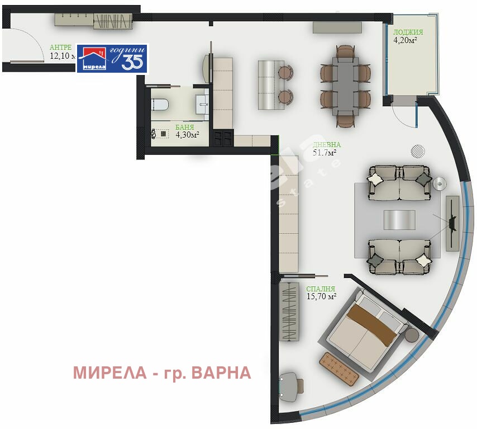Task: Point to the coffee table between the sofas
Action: pos(399,219)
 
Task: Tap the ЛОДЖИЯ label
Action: pos(408,32)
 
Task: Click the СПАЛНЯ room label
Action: pos(320,289)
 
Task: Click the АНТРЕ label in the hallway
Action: pos(60,48)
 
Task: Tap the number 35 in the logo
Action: pos(132,63)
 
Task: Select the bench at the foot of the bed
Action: pos(338,369)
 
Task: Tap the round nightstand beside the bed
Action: pos(412,335)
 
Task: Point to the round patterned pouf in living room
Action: pos(418,150)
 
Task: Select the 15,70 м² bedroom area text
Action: pos(321,296)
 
